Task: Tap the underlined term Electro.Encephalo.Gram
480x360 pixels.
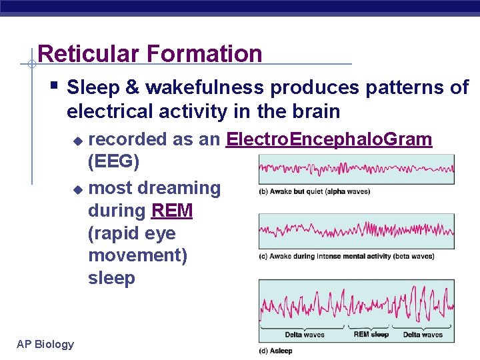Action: tap(329, 139)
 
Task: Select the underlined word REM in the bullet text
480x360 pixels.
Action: tap(172, 211)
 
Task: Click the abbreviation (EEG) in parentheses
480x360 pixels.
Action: tap(113, 162)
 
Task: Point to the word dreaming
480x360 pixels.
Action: tap(179, 189)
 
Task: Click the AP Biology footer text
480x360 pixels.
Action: tap(45, 344)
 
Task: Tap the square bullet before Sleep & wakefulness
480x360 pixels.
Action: tap(55, 86)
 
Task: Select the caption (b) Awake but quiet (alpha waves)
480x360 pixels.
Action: tap(314, 192)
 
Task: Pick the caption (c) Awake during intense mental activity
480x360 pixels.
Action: tap(347, 256)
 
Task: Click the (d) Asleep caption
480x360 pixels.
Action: tap(276, 351)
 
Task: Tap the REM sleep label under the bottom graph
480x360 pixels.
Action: tap(371, 335)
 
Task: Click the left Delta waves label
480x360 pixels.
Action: tap(305, 335)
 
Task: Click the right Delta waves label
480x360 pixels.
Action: tap(423, 335)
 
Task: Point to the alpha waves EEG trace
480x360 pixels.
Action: tap(356, 169)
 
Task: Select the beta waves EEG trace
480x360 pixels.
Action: tap(356, 231)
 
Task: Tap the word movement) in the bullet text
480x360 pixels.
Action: tap(137, 256)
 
